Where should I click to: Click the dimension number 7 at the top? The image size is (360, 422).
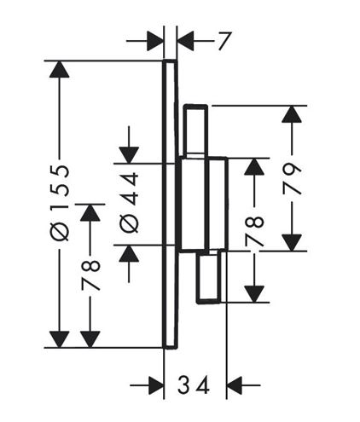224,41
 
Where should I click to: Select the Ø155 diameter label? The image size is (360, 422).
60,203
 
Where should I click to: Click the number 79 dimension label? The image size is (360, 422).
292,179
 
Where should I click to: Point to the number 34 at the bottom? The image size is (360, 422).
194,385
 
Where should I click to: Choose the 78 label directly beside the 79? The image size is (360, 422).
254,231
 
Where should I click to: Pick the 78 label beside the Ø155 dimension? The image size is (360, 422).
90,275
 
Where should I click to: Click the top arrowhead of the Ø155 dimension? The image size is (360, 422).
59,69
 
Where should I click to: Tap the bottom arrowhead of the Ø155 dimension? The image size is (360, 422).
59,339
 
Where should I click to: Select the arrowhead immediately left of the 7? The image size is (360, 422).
185,41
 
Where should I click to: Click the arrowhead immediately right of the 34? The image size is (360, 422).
235,385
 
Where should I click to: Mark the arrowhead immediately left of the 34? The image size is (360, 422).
156,385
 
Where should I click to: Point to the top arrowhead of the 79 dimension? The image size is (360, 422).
292,114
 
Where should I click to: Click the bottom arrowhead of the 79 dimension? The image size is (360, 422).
292,242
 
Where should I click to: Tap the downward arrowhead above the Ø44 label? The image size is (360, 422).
129,155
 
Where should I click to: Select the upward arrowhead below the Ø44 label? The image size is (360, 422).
129,253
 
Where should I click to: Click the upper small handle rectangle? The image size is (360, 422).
195,130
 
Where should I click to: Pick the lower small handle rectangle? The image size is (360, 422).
209,277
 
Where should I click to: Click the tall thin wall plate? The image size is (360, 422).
170,204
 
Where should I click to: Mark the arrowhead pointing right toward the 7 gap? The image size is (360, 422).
155,41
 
